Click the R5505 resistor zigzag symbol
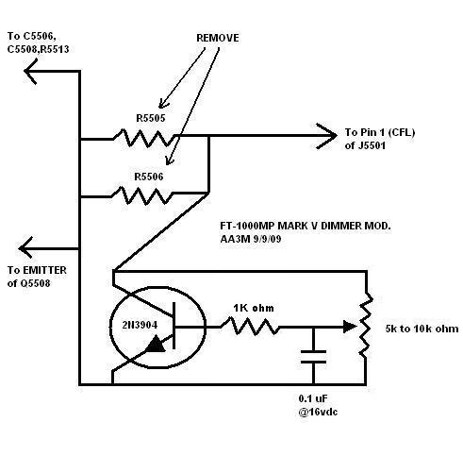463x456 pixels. pos(144,138)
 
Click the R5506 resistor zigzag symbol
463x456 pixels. pos(142,195)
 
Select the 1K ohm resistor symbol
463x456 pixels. pos(250,327)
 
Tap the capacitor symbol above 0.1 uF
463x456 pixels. pos(313,357)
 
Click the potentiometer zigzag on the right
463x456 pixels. pos(366,326)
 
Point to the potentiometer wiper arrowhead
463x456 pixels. pos(350,327)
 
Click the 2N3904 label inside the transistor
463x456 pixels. pos(140,325)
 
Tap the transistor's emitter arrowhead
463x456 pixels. pos(156,344)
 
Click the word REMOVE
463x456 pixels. pos(218,38)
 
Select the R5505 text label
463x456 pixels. pos(151,118)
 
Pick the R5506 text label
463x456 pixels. pos(149,177)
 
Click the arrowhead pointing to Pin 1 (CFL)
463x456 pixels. pos(327,136)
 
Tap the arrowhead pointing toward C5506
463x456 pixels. pos(31,72)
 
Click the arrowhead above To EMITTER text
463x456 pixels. pos(25,248)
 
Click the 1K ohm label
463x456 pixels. pos(254,308)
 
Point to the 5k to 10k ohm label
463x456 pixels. pos(422,329)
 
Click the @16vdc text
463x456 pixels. pos(318,412)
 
